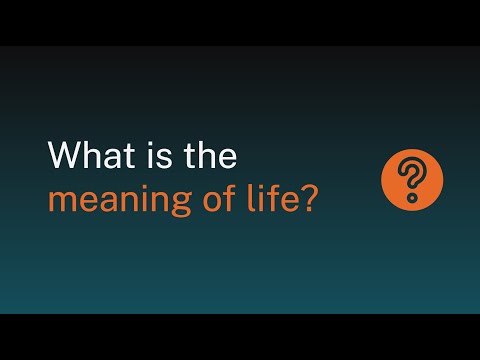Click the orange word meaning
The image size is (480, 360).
click(x=109, y=199)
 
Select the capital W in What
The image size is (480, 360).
click(x=66, y=157)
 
